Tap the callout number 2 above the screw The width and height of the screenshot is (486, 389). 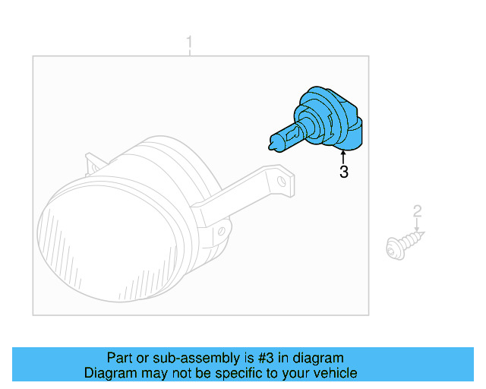pos(417,210)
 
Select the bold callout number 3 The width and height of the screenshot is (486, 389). pos(344,172)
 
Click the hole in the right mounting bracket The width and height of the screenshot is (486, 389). pos(282,181)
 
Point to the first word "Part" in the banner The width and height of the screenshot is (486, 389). pos(119,358)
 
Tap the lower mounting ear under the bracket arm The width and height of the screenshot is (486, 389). pos(222,229)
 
